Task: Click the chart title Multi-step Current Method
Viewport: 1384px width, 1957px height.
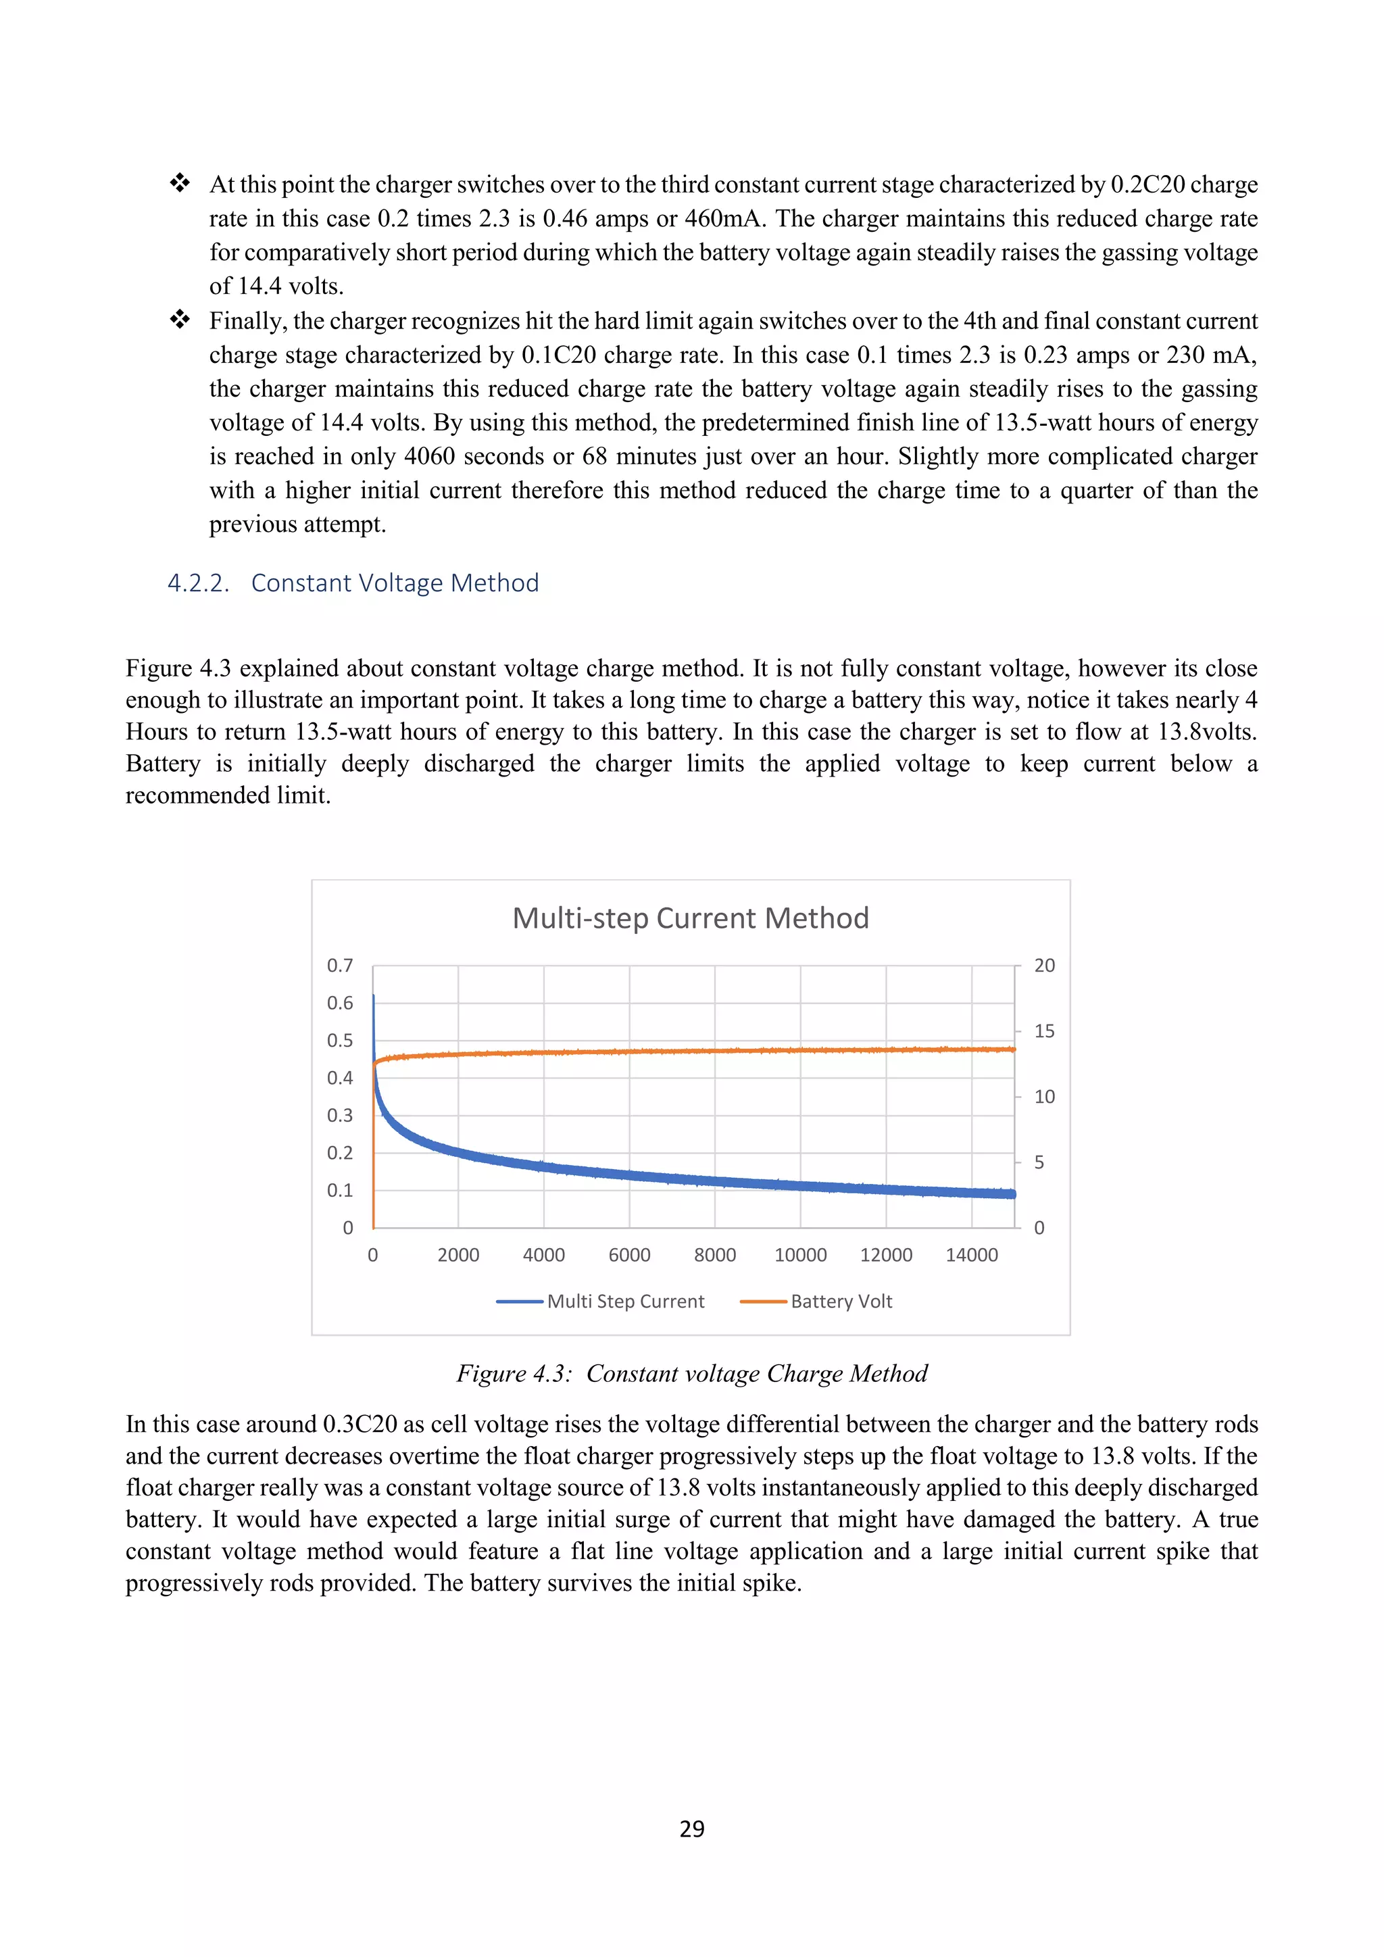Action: [690, 918]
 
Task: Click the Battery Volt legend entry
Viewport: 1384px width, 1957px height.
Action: [840, 1302]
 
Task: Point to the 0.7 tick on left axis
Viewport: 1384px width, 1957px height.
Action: [339, 966]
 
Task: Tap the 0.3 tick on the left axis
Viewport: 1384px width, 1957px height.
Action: [339, 1115]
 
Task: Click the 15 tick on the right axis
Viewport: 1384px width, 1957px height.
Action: [1044, 1031]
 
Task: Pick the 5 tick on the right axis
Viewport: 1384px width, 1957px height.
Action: [1039, 1162]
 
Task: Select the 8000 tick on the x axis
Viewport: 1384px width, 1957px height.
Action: [714, 1255]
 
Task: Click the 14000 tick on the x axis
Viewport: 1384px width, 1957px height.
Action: [972, 1255]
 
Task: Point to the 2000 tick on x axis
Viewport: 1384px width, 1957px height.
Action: [458, 1255]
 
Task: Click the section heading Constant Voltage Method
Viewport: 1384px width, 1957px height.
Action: [395, 583]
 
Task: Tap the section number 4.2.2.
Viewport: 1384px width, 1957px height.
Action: [198, 583]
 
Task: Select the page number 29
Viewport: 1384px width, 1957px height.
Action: [691, 1829]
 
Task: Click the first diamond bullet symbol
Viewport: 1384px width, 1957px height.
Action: [180, 183]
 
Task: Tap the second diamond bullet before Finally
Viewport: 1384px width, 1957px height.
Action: [180, 320]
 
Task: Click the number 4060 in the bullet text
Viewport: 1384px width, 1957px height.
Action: [430, 456]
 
